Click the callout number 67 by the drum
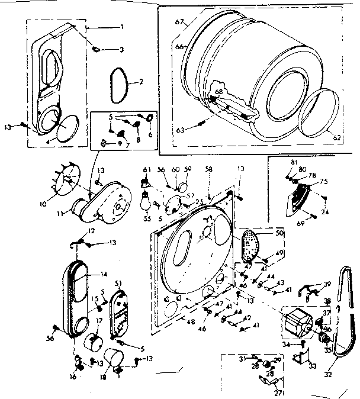tap(178, 22)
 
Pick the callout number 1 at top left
tap(121, 27)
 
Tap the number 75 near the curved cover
tap(323, 182)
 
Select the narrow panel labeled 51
tap(121, 311)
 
